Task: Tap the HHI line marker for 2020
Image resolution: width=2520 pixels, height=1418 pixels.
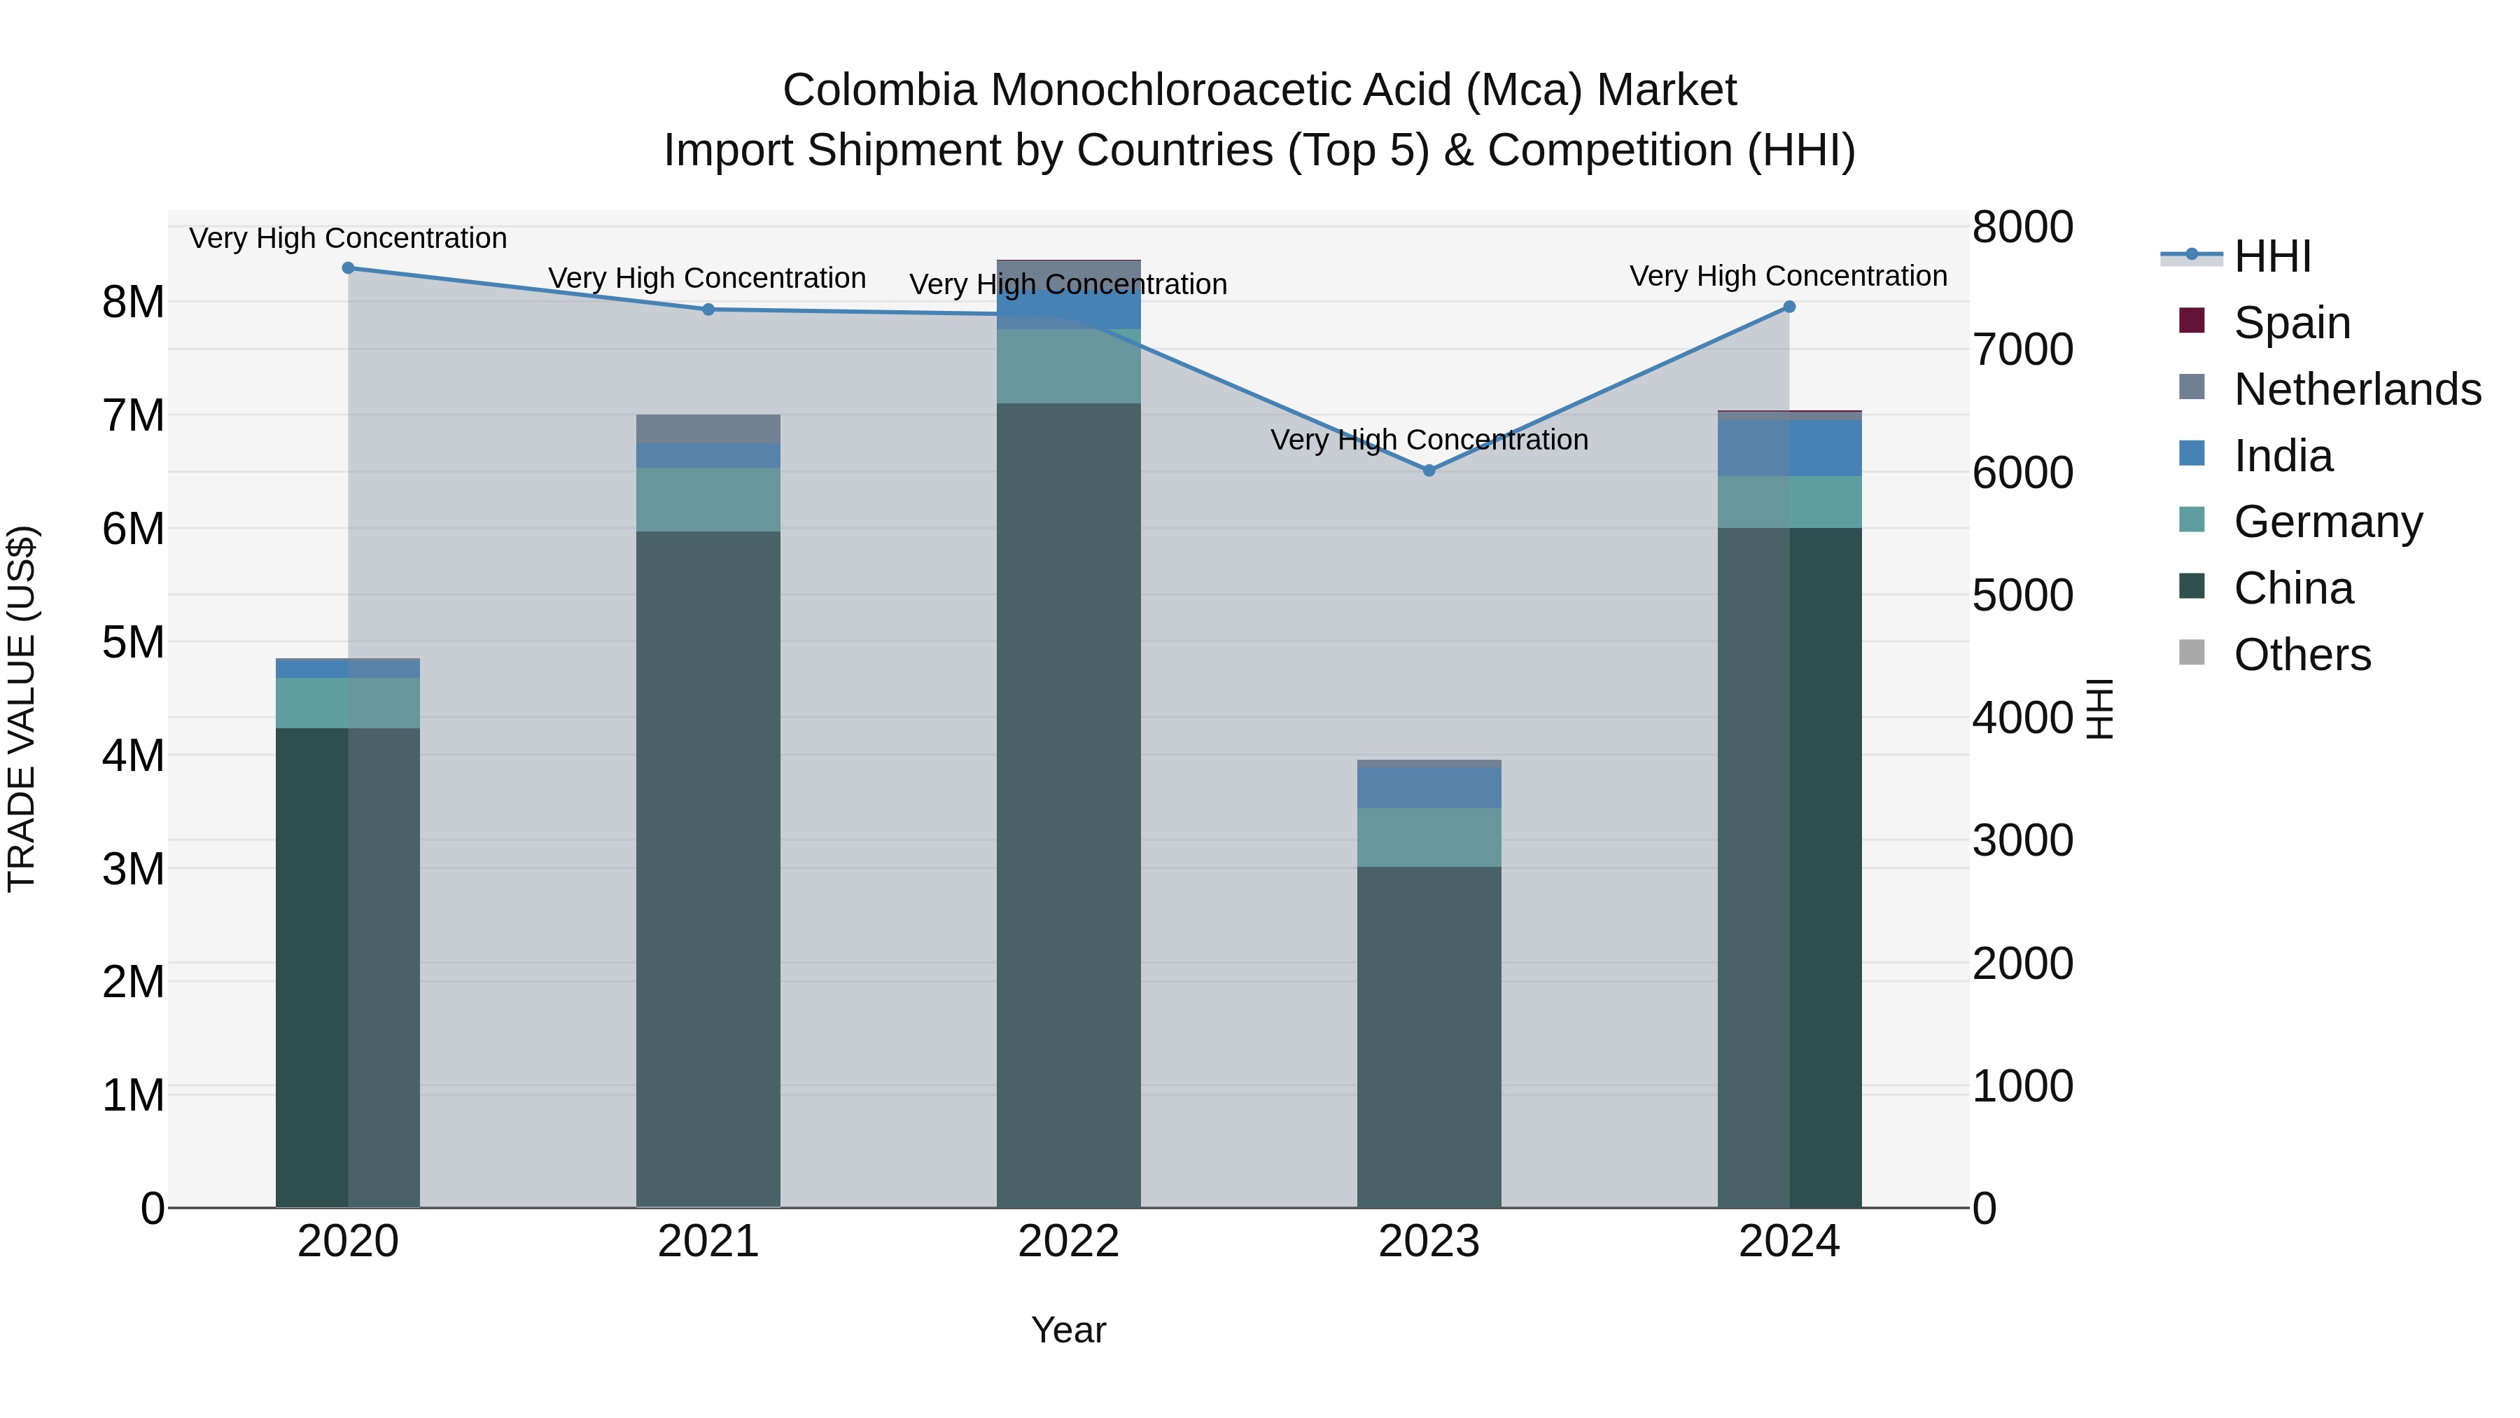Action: pyautogui.click(x=349, y=268)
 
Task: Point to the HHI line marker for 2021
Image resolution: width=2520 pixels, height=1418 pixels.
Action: pyautogui.click(x=709, y=310)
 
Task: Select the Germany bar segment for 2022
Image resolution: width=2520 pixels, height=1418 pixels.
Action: pyautogui.click(x=1068, y=366)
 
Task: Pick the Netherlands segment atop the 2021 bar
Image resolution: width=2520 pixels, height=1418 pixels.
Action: pyautogui.click(x=708, y=429)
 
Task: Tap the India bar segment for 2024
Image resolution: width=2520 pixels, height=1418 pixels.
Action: pyautogui.click(x=1789, y=448)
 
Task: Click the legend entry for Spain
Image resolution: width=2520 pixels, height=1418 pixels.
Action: pyautogui.click(x=2292, y=323)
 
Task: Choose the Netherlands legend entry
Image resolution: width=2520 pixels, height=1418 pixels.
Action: pyautogui.click(x=2357, y=389)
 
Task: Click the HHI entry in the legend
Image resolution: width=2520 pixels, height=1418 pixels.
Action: pyautogui.click(x=2271, y=256)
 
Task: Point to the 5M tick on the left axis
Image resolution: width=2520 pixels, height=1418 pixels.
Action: pyautogui.click(x=134, y=643)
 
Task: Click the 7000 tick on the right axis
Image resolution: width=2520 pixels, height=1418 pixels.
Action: pyautogui.click(x=2022, y=350)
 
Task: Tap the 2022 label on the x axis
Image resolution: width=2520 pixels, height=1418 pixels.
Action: pyautogui.click(x=1068, y=1242)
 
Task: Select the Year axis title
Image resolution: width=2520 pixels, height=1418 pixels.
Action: pyautogui.click(x=1068, y=1330)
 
